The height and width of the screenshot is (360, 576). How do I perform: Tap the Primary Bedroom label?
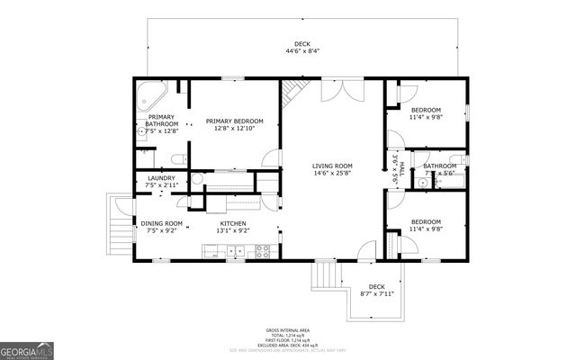[234, 125]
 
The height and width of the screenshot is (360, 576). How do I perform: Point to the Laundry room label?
[161, 182]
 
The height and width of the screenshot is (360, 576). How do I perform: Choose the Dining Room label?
[161, 227]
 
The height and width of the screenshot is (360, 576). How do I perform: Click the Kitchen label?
[233, 227]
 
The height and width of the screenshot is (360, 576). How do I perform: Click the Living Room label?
[332, 170]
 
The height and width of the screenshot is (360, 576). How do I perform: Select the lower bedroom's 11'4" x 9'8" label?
[426, 225]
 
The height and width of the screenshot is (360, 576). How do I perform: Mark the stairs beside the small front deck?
[324, 274]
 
